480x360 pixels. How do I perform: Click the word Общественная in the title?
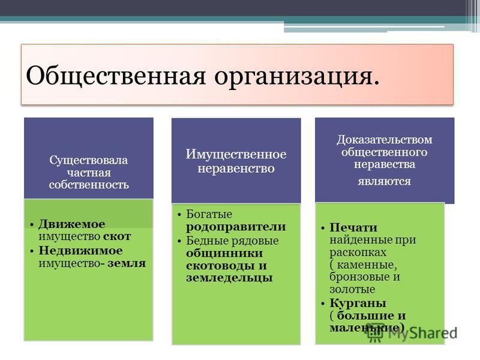pos(116,76)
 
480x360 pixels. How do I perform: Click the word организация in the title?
pos(293,77)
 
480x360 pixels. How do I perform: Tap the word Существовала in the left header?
pos(88,160)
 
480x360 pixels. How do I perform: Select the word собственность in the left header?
pos(89,185)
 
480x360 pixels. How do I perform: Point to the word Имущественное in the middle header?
pos(236,155)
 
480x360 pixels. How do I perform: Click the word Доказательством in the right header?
pos(385,140)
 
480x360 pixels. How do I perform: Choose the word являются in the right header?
pos(384,182)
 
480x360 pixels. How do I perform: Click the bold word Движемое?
pos(72,224)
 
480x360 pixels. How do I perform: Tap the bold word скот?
pos(117,236)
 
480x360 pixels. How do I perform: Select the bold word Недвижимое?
pos(80,251)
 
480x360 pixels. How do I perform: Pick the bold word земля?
pos(127,263)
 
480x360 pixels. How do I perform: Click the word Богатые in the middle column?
pos(209,214)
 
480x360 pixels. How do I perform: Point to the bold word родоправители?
pos(236,227)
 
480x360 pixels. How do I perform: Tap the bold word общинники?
pos(224,253)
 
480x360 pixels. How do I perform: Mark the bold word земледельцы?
pos(229,278)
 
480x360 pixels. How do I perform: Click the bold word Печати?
pos(353,228)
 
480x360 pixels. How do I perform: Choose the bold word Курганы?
pos(358,304)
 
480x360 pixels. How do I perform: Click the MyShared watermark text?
pos(423,333)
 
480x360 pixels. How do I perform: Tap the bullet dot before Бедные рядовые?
pos(179,241)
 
